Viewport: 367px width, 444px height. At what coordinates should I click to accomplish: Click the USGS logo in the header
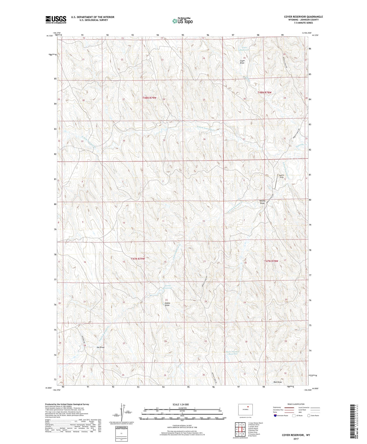56,20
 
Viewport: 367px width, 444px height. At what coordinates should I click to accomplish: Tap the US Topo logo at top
182,21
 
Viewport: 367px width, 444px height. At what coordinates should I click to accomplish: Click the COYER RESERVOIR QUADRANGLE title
303,17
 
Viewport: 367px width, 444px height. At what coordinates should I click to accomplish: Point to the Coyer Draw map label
242,62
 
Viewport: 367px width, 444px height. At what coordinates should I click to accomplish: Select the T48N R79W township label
149,98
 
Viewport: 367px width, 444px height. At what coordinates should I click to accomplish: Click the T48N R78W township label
264,93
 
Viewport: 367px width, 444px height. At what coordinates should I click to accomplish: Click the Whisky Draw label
262,202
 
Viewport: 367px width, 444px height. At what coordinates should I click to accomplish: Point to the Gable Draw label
167,304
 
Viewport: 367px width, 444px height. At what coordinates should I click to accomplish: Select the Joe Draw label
100,347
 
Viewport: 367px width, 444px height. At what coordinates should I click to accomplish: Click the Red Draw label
278,382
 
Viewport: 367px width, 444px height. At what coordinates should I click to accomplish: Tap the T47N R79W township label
138,259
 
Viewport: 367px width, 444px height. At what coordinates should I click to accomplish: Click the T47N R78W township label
271,261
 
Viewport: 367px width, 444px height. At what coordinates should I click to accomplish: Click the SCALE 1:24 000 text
181,404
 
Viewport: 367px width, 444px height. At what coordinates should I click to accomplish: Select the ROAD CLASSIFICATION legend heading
296,404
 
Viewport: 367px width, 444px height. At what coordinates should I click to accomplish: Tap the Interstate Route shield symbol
276,416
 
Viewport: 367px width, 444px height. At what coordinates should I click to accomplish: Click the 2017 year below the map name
296,439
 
